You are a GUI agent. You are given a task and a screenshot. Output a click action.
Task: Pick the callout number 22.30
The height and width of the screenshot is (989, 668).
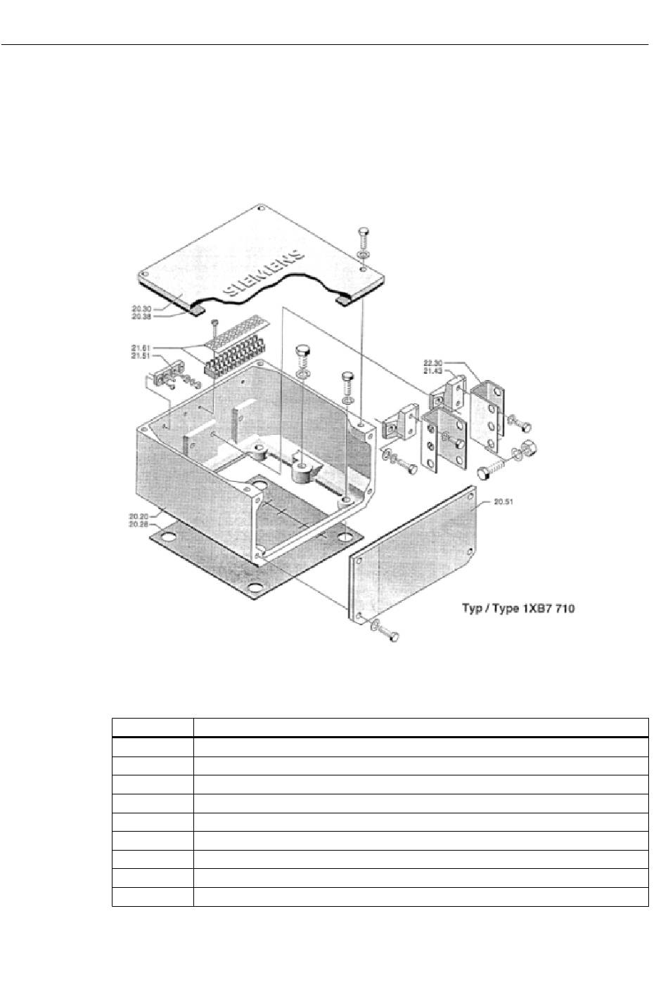tap(433, 363)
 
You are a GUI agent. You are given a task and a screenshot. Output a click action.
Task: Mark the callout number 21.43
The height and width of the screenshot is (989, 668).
tap(433, 371)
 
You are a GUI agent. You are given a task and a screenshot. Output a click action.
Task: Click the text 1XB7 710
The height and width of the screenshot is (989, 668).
tap(548, 608)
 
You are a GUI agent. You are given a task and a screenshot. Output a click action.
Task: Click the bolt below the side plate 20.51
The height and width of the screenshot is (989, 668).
tap(390, 634)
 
